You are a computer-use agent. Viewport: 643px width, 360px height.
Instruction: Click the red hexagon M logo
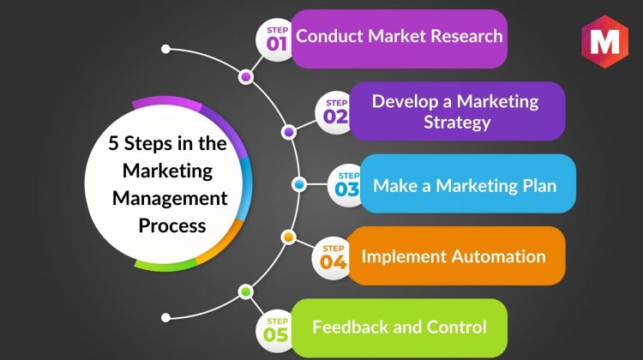[604, 41]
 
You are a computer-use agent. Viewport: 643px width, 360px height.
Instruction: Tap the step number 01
[276, 44]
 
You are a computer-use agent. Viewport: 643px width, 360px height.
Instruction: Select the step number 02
[335, 117]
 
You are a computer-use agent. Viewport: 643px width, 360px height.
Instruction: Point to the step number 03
[347, 189]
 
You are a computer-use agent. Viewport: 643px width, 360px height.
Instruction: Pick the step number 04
[333, 261]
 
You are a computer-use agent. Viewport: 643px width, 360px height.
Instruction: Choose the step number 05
[276, 334]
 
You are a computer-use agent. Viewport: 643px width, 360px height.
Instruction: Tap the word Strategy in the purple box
[457, 123]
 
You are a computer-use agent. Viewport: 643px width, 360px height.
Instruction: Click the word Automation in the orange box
[499, 256]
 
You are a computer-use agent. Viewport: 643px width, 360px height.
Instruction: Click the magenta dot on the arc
[246, 76]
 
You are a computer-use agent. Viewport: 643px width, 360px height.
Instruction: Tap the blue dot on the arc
[299, 184]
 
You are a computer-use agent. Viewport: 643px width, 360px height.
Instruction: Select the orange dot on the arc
[289, 237]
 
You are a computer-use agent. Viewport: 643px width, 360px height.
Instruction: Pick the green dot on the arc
[246, 292]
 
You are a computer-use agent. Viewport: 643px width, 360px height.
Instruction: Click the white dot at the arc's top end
[165, 49]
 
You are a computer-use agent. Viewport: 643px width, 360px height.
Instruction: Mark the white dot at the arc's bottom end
[165, 317]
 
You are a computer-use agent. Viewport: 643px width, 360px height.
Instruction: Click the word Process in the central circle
[172, 226]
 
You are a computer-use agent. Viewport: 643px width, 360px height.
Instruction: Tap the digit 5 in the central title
[113, 143]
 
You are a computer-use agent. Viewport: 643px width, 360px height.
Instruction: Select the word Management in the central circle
[170, 199]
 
